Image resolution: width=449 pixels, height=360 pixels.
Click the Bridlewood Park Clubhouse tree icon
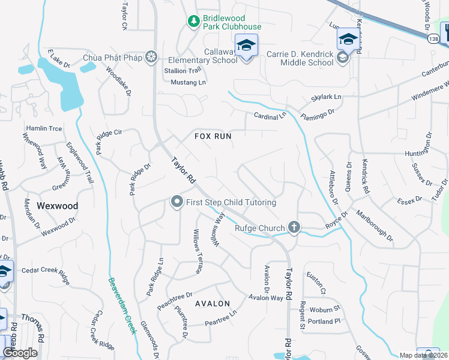[193, 22]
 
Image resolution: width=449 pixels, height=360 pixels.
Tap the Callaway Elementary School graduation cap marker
[246, 46]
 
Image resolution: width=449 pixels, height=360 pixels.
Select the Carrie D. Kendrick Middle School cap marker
[348, 40]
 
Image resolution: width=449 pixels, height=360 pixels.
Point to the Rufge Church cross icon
[294, 227]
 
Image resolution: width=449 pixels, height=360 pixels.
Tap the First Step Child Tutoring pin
[176, 202]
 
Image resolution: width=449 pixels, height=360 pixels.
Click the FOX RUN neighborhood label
[213, 136]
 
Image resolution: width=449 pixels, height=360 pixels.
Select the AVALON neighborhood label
[212, 304]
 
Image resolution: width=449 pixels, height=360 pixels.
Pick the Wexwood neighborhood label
[58, 205]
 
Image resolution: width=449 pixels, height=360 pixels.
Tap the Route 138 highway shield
[434, 38]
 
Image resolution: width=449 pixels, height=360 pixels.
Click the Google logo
[20, 353]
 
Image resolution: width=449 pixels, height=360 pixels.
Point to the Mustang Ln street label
[188, 82]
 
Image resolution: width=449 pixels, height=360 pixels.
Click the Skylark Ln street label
[326, 97]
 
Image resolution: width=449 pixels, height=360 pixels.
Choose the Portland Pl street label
[325, 322]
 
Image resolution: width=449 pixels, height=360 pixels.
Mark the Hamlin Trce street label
[44, 128]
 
